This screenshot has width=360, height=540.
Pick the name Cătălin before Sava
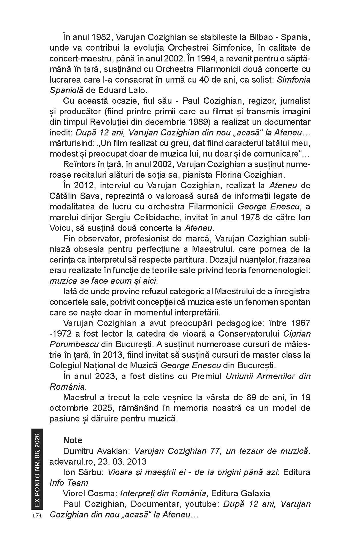point(64,196)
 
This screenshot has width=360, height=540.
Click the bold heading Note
point(73,440)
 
